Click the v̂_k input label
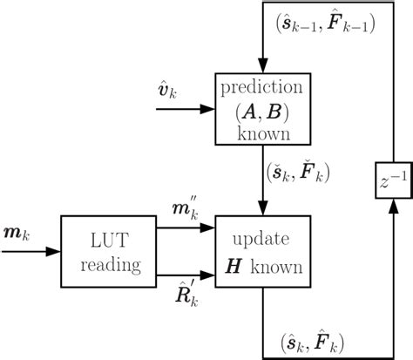click(172, 92)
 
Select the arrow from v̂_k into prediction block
click(186, 110)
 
